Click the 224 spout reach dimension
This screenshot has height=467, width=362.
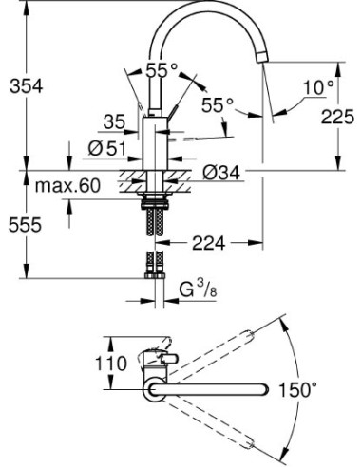212,244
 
